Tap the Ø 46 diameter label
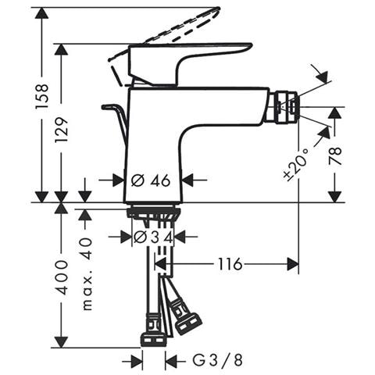[x=151, y=180]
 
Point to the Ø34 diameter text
[x=153, y=236]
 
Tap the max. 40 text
[x=87, y=273]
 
